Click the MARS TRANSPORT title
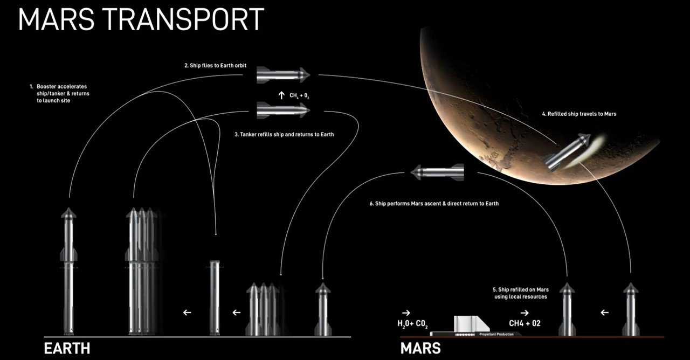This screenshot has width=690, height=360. (x=141, y=19)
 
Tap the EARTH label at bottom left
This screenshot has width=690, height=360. (x=67, y=348)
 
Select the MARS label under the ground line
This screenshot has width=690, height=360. (x=420, y=348)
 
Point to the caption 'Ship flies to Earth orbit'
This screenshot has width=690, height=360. (x=215, y=65)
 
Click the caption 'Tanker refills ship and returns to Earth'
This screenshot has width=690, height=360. (x=284, y=134)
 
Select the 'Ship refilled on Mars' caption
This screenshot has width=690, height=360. (x=520, y=293)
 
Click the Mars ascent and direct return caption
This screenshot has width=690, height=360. (x=434, y=204)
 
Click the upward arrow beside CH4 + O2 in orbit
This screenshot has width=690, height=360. (x=281, y=95)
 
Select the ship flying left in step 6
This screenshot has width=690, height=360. (x=437, y=172)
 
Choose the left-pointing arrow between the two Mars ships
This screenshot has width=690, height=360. (x=604, y=312)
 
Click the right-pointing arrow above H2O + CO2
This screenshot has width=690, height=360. (x=406, y=312)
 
